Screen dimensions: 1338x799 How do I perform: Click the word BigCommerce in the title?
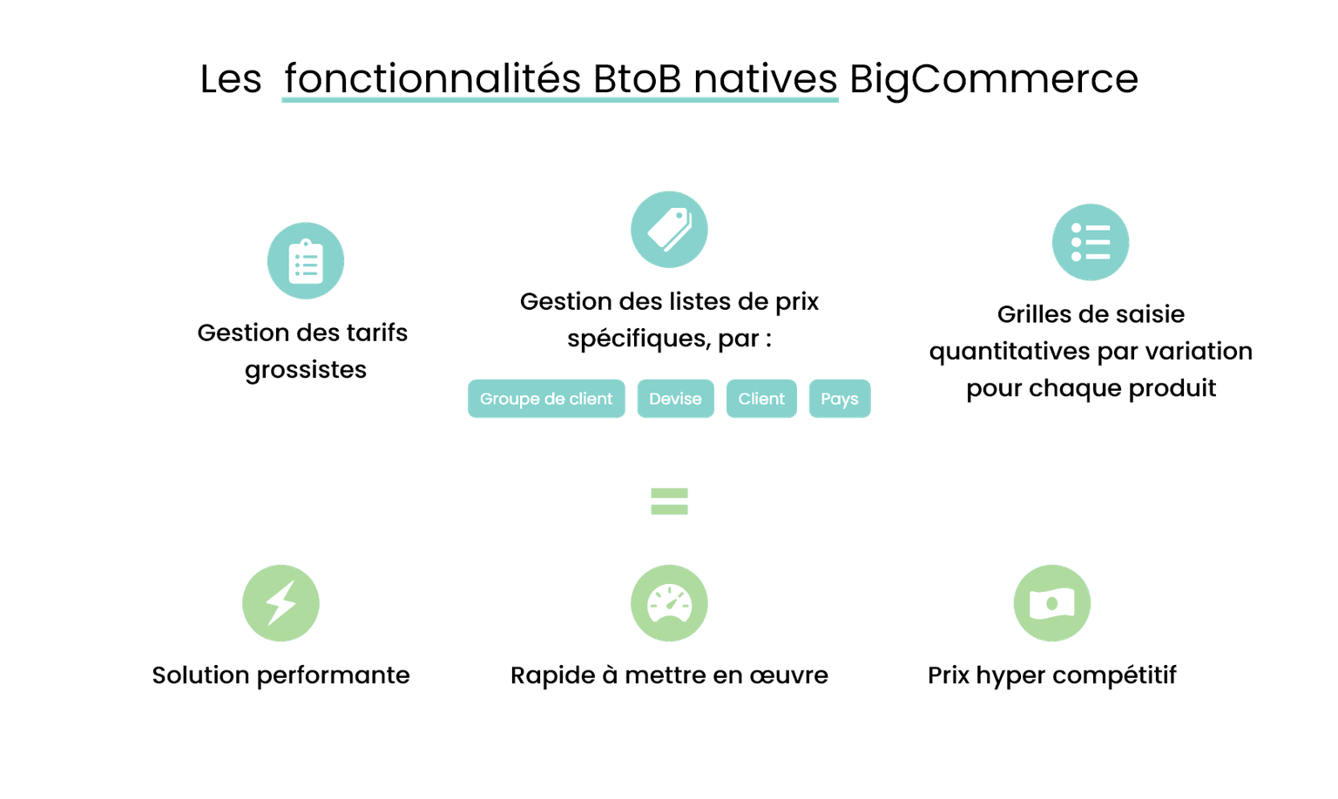993,79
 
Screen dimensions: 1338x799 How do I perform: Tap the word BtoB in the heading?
637,78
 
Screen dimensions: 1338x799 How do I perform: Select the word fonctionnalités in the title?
432,78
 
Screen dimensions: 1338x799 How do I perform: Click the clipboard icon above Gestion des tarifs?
305,261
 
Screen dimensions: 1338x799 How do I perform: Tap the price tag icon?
669,230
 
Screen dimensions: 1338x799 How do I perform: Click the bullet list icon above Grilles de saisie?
1090,242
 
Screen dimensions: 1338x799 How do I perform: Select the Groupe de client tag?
546,399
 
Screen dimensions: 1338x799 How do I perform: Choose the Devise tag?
676,399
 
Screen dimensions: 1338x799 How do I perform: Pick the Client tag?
761,399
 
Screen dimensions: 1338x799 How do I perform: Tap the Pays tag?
840,399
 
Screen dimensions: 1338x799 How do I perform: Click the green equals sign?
669,501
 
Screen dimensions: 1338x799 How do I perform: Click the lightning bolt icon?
280,603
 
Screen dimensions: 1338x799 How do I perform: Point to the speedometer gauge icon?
669,603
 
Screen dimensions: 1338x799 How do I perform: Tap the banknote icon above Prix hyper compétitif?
1052,603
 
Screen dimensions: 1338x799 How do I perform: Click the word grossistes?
305,371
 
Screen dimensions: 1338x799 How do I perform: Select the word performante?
334,676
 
